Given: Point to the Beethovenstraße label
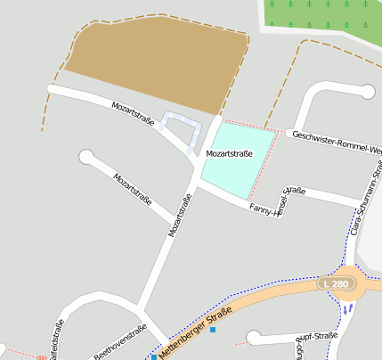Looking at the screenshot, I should point(120,345).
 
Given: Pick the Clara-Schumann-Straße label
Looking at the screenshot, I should point(366,201).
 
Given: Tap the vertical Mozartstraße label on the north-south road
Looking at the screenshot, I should point(180,216).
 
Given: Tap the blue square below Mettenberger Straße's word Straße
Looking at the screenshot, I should point(213,331).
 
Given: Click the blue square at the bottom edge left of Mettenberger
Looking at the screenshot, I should point(154,356).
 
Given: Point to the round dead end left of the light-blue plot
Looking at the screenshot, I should point(86,158).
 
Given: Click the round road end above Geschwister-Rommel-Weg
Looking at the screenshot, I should point(369,91).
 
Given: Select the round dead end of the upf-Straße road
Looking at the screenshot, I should point(254,338).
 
